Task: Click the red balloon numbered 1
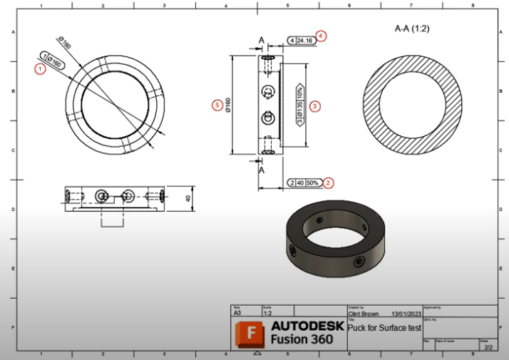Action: [x=40, y=68]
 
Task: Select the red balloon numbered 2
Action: [x=328, y=182]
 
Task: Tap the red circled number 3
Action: [x=314, y=105]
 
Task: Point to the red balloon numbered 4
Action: [x=322, y=36]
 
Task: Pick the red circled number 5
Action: [x=217, y=105]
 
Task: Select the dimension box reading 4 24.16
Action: [x=301, y=41]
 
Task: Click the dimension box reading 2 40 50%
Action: [x=303, y=183]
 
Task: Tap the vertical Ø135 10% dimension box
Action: [x=299, y=105]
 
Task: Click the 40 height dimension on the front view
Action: [x=189, y=197]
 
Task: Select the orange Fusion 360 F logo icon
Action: [x=250, y=332]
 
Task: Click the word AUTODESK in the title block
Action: [x=307, y=326]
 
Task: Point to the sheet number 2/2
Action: [x=488, y=346]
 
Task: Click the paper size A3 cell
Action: [x=238, y=312]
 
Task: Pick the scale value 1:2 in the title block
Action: [x=268, y=312]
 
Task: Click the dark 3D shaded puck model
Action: [x=337, y=238]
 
